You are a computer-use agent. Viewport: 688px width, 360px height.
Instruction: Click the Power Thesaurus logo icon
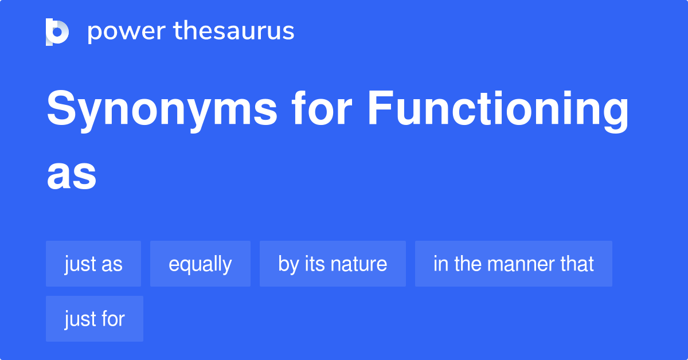[x=57, y=32]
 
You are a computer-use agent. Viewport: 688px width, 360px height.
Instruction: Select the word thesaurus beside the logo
[x=234, y=32]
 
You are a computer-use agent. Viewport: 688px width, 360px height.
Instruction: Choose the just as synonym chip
[x=93, y=264]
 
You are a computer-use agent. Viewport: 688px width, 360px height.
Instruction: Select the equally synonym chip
[x=200, y=264]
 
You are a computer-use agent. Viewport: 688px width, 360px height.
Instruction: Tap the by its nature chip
[x=333, y=264]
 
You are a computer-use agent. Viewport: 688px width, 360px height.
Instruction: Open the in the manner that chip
[x=513, y=264]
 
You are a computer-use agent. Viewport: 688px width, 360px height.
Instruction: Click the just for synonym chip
[x=94, y=319]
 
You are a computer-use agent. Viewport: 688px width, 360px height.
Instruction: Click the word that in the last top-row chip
[x=577, y=264]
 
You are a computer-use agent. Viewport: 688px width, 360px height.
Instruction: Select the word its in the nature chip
[x=314, y=264]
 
